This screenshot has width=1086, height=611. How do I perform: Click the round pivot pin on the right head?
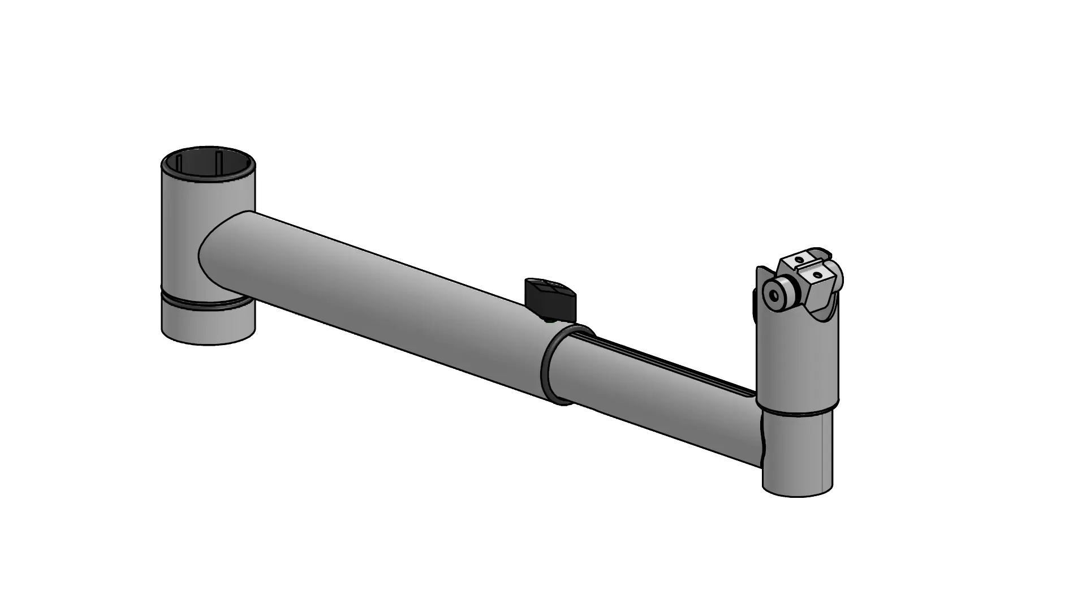(778, 294)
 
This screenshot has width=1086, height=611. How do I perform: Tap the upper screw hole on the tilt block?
(799, 260)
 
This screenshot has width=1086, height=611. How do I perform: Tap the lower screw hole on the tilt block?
(816, 275)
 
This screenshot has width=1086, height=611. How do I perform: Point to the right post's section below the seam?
(798, 453)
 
